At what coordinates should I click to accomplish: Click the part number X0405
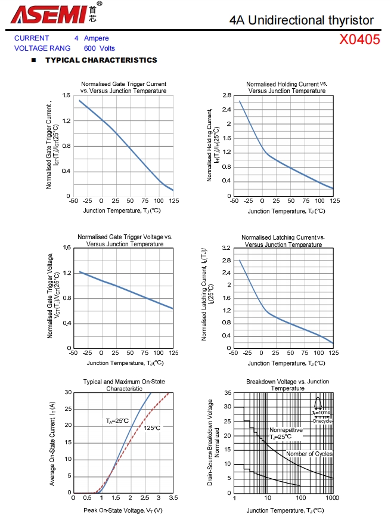pos(359,40)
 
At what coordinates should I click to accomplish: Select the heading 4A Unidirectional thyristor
pos(302,20)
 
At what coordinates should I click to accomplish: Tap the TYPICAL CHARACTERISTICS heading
pos(101,60)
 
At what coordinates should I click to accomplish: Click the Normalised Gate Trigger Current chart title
pos(123,87)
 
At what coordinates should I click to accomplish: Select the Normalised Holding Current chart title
pos(287,87)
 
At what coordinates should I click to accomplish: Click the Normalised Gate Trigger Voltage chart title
pos(125,240)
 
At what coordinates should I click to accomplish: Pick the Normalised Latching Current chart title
pos(284,241)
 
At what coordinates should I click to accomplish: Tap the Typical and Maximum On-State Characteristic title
pos(124,385)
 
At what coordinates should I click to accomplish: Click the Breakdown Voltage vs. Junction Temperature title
pos(287,385)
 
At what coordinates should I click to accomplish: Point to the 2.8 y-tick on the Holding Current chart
pos(226,95)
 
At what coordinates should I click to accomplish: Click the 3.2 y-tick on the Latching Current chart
pos(226,247)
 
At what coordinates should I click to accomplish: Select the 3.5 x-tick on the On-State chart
pos(173,497)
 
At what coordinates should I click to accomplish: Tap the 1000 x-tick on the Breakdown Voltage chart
pos(332,498)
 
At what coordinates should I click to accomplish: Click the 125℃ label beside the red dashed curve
pos(152,428)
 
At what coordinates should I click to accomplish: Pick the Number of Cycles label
pos(309,454)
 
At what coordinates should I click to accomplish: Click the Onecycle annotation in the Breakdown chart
pos(322,421)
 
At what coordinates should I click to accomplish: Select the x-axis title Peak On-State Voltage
pos(123,510)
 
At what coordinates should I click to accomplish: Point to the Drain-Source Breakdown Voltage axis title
pos(213,442)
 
